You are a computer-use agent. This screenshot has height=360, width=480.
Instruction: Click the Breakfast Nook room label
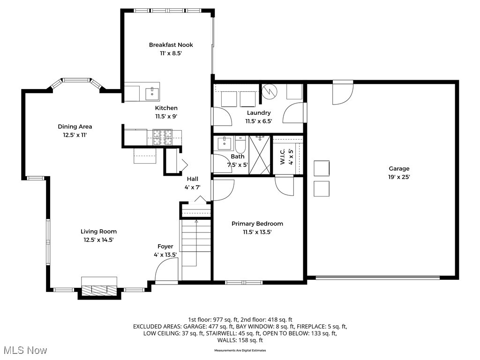[x=171, y=45]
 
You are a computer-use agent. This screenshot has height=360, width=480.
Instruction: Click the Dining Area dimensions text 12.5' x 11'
[x=75, y=135]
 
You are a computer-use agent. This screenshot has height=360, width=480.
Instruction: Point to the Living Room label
[x=98, y=232]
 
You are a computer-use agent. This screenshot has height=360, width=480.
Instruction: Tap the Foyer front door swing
[x=166, y=270]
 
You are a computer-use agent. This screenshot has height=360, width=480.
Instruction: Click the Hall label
[x=193, y=179]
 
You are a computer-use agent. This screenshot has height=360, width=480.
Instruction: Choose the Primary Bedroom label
[x=257, y=224]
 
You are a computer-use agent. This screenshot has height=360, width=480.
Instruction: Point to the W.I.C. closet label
[x=283, y=157]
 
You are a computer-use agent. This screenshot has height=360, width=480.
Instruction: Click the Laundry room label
[x=259, y=112]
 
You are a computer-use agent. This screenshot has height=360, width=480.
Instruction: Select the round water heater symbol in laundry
[x=270, y=91]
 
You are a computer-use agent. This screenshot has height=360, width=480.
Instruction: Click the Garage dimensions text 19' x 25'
[x=399, y=177]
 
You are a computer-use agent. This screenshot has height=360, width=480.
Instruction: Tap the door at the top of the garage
[x=343, y=92]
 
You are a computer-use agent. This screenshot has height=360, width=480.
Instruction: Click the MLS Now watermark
[x=25, y=350]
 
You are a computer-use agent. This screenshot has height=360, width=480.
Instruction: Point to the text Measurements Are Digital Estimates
[x=240, y=351]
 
